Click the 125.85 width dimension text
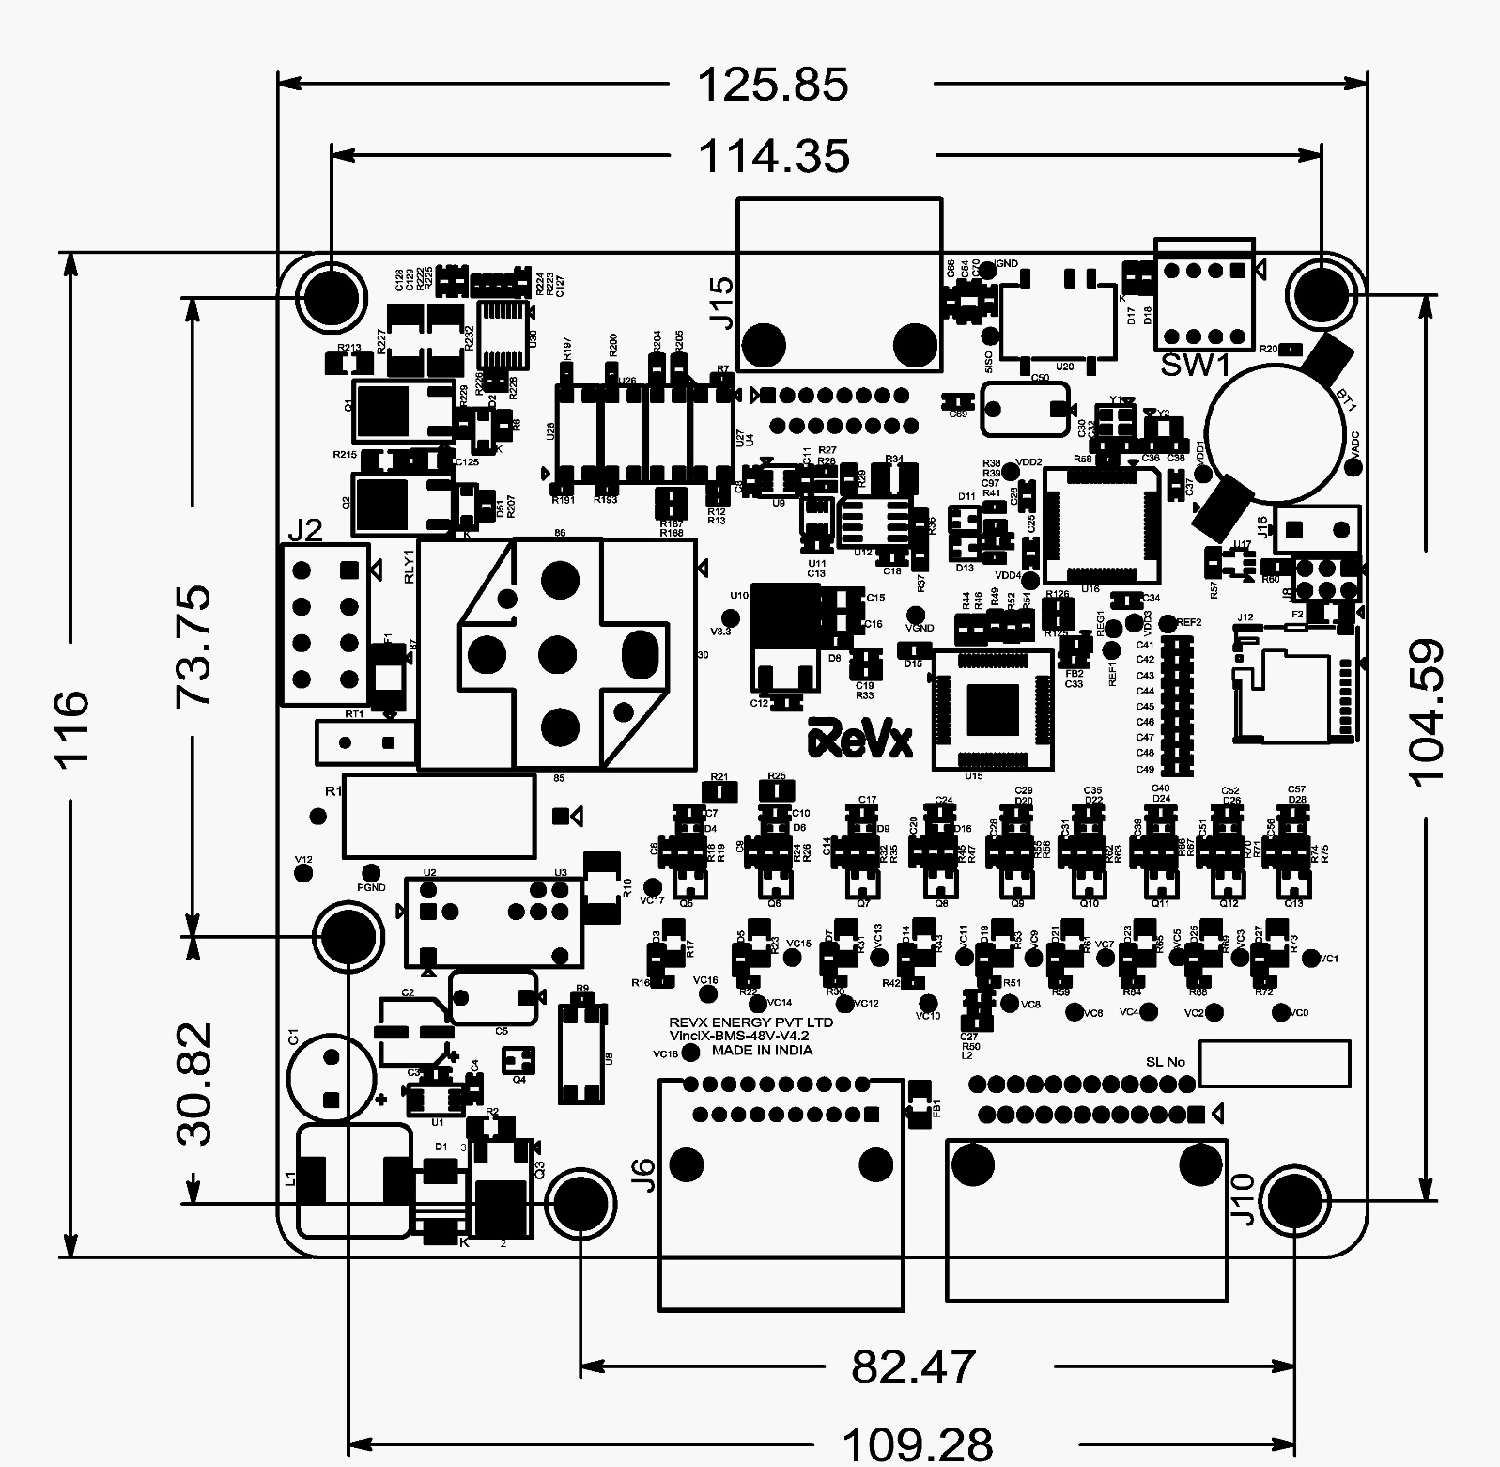pos(772,85)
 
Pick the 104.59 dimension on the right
pos(1426,711)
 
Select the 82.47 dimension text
pos(913,1366)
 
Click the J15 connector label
pos(721,301)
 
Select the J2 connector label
pos(304,531)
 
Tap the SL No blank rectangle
pos(1275,1061)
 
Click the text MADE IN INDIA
pos(762,1051)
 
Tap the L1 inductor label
pos(290,1178)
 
